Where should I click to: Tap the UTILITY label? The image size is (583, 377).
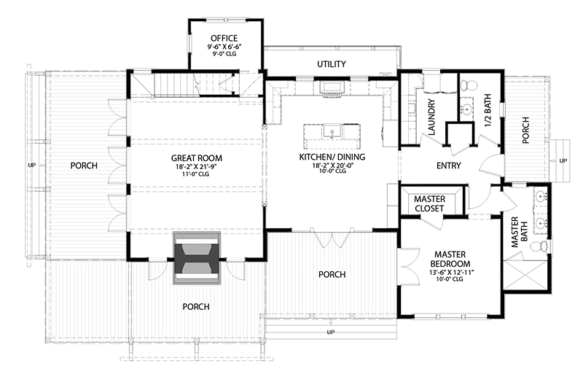(331, 64)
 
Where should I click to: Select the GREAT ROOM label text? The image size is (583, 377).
(197, 158)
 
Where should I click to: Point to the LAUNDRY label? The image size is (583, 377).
(431, 117)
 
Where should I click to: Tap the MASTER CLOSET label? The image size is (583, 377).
(430, 203)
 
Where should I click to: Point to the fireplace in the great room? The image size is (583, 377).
(197, 259)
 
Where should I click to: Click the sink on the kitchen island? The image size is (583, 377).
(332, 133)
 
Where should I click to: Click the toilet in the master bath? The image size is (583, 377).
(539, 248)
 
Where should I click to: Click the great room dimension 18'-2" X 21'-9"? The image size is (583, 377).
(197, 168)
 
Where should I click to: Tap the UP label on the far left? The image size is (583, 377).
(31, 165)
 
